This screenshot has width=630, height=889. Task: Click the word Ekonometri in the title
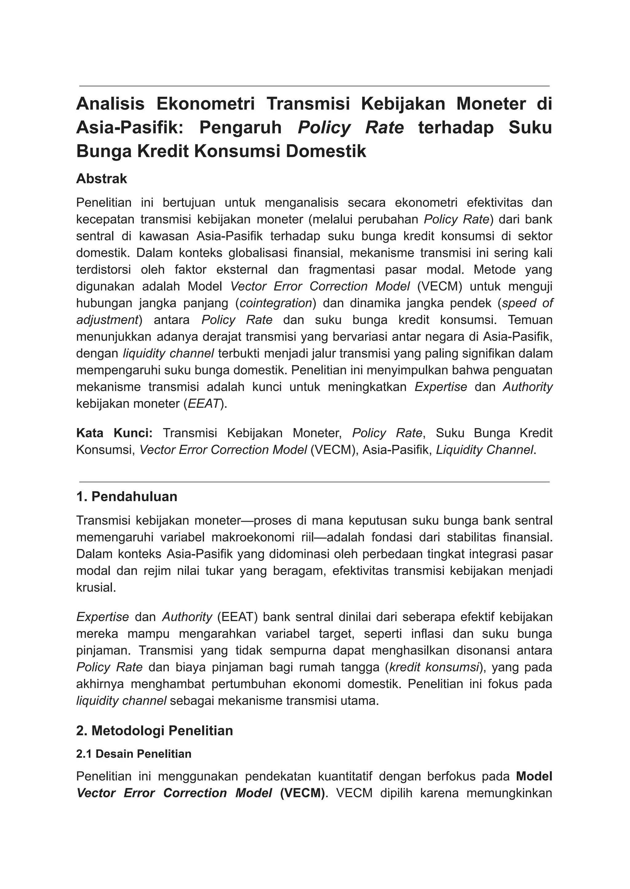[x=205, y=104]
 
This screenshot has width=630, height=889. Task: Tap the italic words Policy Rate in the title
[x=351, y=128]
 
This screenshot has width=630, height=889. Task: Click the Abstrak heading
[x=102, y=179]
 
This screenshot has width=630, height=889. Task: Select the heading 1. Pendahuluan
[x=126, y=496]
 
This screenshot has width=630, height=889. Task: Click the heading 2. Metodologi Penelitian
[x=154, y=730]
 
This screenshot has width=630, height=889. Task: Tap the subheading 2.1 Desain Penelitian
[x=134, y=754]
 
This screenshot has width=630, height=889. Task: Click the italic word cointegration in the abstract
[x=276, y=303]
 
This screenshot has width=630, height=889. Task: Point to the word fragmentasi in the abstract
[x=341, y=269]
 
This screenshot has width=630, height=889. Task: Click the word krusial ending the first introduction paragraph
[x=95, y=588]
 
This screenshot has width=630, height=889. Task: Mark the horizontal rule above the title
[x=314, y=86]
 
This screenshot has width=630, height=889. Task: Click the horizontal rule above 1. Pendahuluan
[x=314, y=482]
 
